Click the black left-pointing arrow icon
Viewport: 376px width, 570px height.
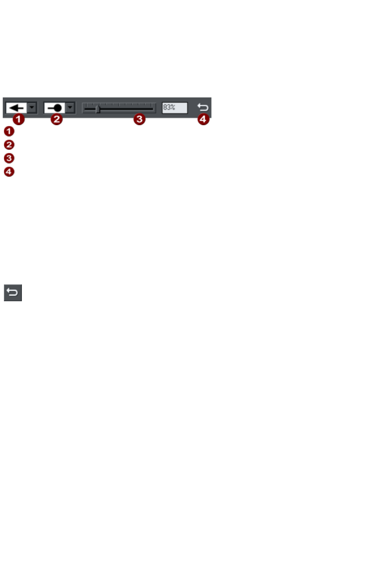(x=16, y=108)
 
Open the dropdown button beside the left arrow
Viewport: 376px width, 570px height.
(x=32, y=108)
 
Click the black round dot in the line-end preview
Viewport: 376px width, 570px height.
(x=58, y=108)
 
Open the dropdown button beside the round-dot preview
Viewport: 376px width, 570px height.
(x=70, y=108)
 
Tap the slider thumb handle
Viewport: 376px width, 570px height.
(x=97, y=109)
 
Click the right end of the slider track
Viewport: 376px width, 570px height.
(x=152, y=109)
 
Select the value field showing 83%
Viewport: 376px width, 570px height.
(x=174, y=108)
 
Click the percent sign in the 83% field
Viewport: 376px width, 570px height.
(x=172, y=107)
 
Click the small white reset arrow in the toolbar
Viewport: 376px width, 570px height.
(x=203, y=107)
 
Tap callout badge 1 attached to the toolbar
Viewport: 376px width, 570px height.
(x=18, y=119)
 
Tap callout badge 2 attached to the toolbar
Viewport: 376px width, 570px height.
(x=57, y=119)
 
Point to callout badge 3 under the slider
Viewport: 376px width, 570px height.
(x=140, y=119)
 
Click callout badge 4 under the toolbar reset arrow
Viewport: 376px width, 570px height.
(x=203, y=119)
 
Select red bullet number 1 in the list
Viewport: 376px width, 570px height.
(x=9, y=131)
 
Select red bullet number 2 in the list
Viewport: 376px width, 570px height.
(x=9, y=145)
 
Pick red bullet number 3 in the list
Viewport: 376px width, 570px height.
(x=9, y=158)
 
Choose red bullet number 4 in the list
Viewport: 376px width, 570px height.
(x=9, y=171)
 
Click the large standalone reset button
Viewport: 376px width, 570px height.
(x=13, y=293)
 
